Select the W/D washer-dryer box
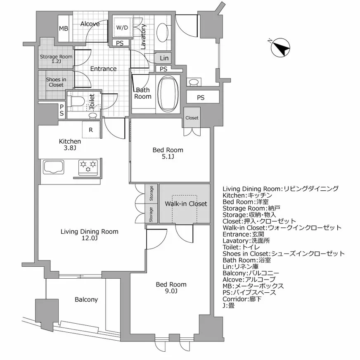(122, 28)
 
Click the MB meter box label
(64, 28)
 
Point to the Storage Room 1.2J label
(56, 59)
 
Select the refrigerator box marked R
(91, 130)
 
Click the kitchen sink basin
(52, 167)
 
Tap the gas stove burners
(88, 166)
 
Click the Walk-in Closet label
(185, 204)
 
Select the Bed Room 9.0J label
(171, 288)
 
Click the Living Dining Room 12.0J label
(89, 235)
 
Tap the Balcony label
(86, 299)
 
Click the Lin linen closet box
(163, 58)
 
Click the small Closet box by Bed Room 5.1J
(192, 118)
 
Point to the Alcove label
(90, 24)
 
